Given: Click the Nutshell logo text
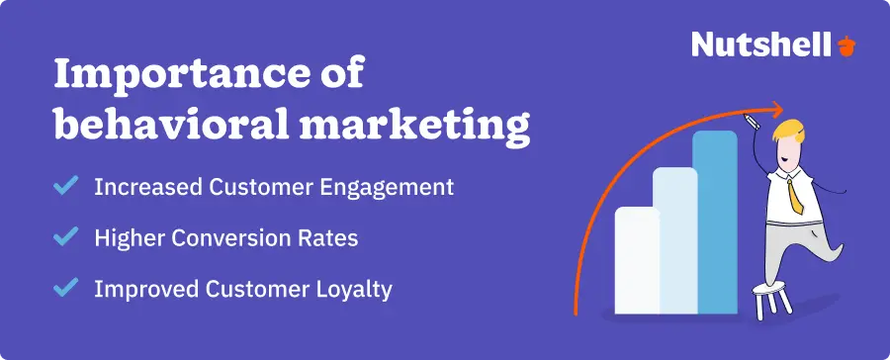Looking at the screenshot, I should (760, 44).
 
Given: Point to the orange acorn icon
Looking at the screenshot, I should (847, 45).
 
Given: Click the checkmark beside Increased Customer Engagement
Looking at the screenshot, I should (66, 186).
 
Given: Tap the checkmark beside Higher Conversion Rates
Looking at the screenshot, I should (66, 237).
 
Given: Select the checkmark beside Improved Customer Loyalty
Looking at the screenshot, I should (66, 289).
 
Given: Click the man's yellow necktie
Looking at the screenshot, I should (794, 192).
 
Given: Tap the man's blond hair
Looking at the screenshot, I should (789, 132).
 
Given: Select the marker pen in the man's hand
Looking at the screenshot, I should (751, 123).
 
